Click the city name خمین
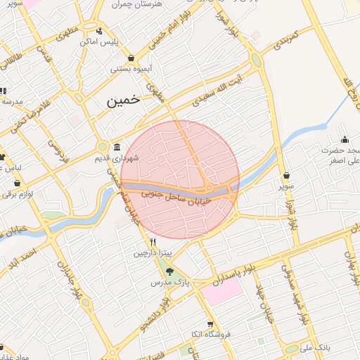pyautogui.click(x=124, y=101)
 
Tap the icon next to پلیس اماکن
pyautogui.click(x=99, y=32)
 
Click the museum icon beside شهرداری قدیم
pyautogui.click(x=116, y=148)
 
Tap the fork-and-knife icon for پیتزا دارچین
pyautogui.click(x=143, y=240)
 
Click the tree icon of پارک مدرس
pyautogui.click(x=169, y=271)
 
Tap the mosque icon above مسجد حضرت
pyautogui.click(x=345, y=139)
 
